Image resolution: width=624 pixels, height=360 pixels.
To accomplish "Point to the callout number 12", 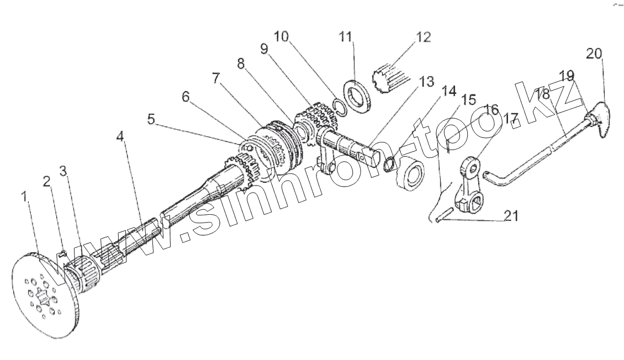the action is click(422, 38).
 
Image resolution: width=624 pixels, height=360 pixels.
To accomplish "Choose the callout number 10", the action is click(281, 37).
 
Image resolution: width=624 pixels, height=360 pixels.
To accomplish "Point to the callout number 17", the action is click(510, 118).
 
